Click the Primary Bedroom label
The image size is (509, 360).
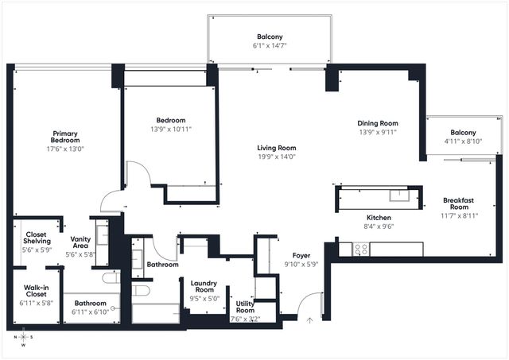point(65,137)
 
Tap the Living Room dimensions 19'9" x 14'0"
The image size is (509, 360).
point(276,157)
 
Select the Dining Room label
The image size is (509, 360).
point(377,123)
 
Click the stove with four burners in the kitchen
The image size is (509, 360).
point(360,248)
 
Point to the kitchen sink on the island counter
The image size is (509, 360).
point(399,195)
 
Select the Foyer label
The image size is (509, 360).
point(301,255)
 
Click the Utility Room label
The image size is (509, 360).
point(245,306)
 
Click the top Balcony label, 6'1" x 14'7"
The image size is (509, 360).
point(268,37)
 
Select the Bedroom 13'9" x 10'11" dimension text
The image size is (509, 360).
point(171,129)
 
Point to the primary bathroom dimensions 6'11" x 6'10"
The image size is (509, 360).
point(90,312)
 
